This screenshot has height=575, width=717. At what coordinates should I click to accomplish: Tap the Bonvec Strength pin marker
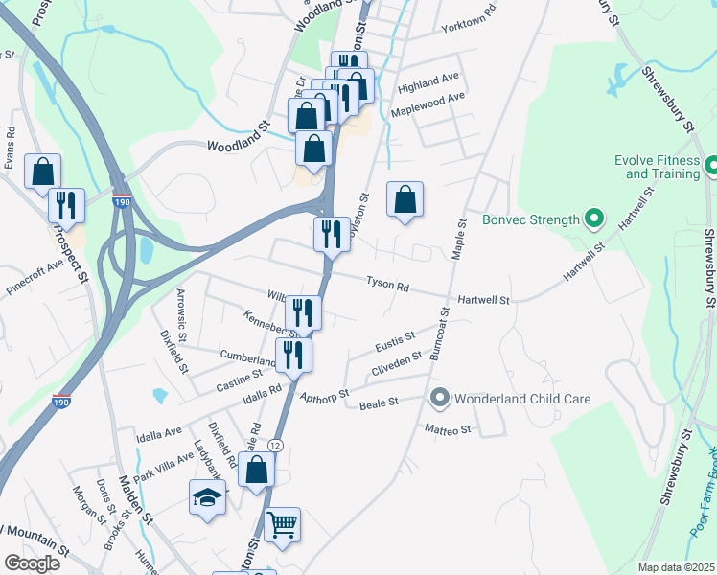pos(593,219)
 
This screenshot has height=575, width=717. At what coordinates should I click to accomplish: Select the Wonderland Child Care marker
pos(440,397)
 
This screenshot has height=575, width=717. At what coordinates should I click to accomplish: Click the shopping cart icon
pos(282,523)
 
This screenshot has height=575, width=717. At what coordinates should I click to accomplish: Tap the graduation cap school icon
pos(207,497)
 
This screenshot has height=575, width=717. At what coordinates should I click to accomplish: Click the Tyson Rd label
pos(387,286)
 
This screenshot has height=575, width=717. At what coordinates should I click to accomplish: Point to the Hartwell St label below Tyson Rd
pos(484,300)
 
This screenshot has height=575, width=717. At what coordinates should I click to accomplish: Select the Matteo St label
pos(449,430)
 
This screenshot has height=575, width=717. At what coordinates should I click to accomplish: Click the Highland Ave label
pos(428,76)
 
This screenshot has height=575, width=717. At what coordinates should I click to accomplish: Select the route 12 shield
pos(275,446)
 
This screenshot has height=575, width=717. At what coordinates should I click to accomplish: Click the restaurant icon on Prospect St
pos(67,204)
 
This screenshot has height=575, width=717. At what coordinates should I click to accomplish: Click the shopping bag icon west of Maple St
pos(405,199)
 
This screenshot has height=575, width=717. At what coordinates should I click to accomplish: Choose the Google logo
pos(31,563)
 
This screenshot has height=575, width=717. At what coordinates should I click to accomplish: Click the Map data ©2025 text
pos(676,567)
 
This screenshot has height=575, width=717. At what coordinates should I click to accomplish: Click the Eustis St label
pos(395,337)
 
